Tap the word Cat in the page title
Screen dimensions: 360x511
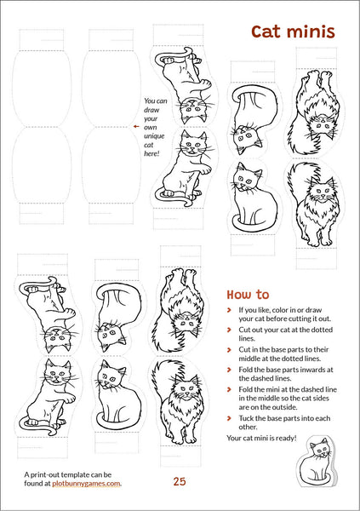coord(266,32)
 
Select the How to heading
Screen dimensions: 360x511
coord(248,295)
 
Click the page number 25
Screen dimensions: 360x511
coord(180,481)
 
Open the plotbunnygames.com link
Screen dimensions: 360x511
coord(86,484)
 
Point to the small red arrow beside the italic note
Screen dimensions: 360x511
coord(136,126)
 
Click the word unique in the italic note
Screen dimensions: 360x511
coord(154,136)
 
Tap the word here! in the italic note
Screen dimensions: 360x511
coord(151,153)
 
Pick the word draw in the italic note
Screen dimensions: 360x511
coord(151,110)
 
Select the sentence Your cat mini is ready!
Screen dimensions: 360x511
coord(261,438)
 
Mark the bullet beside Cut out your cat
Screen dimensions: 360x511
coord(229,330)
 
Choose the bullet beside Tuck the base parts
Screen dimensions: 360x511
coord(229,418)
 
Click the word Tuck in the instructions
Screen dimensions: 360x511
coord(245,418)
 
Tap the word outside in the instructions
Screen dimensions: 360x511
coord(286,407)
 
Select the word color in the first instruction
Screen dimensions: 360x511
coord(280,310)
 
